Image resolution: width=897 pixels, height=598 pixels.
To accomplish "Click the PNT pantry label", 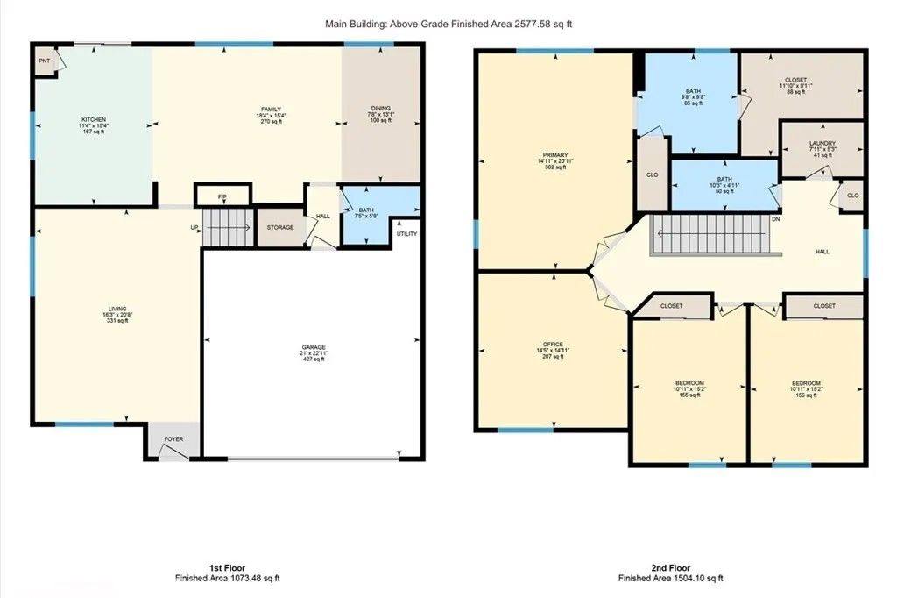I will [43, 62].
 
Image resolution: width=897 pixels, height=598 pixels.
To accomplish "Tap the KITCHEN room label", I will [94, 119].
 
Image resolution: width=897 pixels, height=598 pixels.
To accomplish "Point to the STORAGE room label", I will [280, 228].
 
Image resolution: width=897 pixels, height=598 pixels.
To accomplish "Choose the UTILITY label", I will [407, 234].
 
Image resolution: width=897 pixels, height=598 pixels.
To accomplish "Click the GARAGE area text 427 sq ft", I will [314, 358].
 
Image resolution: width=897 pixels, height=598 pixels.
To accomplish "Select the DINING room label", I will [381, 109].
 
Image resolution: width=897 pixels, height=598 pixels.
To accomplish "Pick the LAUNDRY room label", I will [822, 144].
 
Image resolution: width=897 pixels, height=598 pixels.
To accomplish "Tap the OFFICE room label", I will [552, 344].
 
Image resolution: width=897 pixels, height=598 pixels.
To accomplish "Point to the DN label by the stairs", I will [775, 219].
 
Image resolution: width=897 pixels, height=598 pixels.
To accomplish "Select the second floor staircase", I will [711, 234].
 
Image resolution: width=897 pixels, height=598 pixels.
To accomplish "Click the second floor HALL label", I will [822, 252].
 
